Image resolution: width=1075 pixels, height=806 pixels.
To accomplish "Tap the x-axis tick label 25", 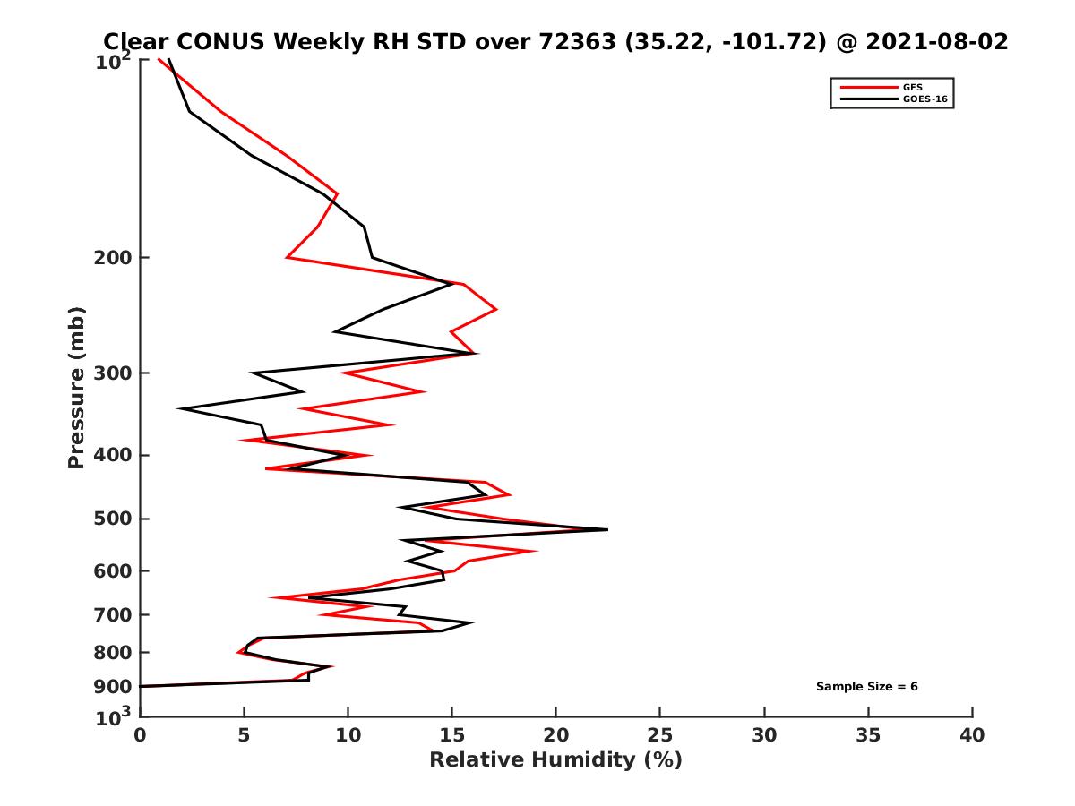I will pos(660,735).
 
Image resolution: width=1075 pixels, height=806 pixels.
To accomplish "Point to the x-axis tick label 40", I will pos(972,735).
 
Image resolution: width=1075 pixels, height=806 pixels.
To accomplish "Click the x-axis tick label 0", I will pos(140,735).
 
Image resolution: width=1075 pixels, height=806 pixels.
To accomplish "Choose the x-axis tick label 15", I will pos(451,735).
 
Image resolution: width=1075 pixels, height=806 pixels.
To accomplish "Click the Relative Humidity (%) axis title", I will pos(555,760).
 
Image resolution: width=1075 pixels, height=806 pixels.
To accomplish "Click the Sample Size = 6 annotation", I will pos(866,687).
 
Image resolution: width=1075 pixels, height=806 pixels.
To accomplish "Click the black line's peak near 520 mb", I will pos(607,530).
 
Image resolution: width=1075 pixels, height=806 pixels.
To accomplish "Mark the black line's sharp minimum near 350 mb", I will pos(179,409).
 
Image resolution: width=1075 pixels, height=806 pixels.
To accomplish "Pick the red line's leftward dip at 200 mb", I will pos(287,258).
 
